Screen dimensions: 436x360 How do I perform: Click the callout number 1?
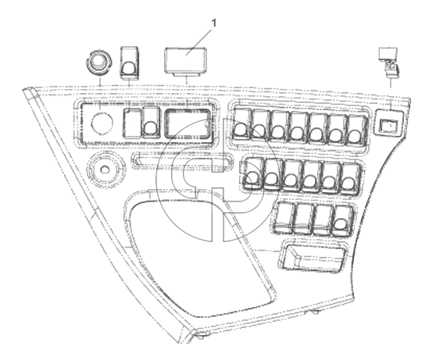[214, 23]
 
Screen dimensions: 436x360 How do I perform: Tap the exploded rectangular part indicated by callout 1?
[185, 62]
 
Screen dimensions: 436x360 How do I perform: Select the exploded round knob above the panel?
[98, 62]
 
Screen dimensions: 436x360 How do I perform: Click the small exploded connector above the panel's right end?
[388, 62]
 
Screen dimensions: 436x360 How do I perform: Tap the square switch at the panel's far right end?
[389, 123]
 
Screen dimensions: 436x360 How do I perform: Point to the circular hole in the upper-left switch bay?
[102, 123]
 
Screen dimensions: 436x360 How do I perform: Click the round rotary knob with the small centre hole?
[105, 168]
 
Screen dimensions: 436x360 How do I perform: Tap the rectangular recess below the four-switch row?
[313, 258]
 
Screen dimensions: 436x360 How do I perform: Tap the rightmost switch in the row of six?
[350, 179]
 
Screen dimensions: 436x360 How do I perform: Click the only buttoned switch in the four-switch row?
[342, 221]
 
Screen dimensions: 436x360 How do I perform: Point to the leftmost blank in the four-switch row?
[283, 217]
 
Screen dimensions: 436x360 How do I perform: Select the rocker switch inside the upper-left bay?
[151, 123]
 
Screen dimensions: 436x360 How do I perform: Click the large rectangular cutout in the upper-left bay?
[188, 123]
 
